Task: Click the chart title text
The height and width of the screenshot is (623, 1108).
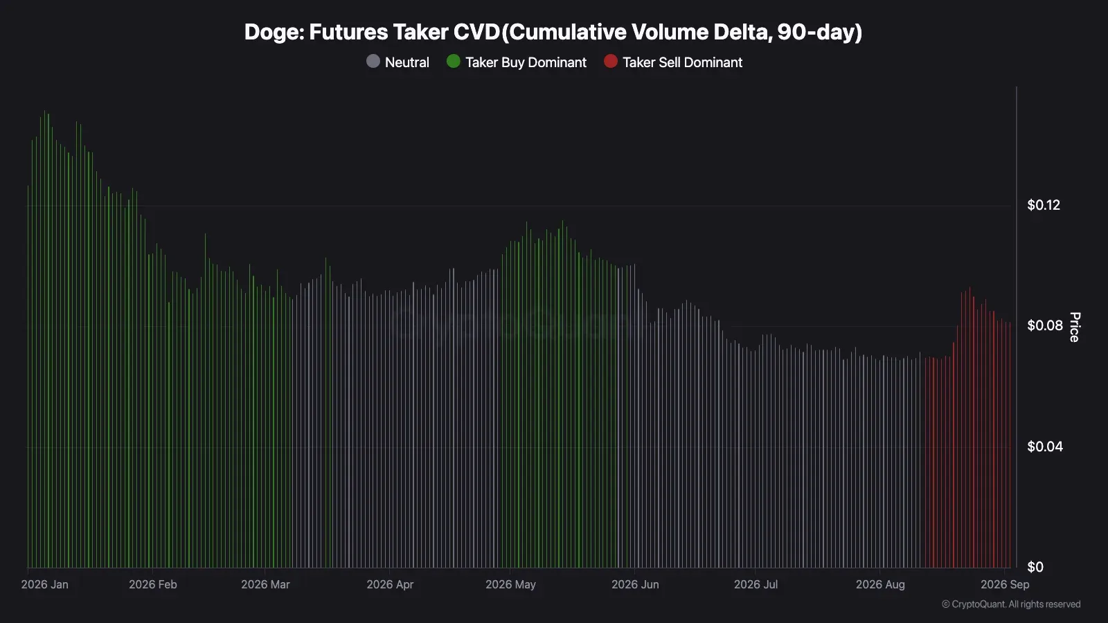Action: [x=553, y=32]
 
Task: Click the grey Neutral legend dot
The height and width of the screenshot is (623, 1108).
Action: [x=373, y=62]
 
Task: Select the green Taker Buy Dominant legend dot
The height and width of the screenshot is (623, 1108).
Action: [x=453, y=62]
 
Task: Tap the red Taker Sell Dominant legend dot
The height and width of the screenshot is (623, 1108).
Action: [x=610, y=62]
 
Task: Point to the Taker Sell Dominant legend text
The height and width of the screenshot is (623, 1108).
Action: [x=682, y=62]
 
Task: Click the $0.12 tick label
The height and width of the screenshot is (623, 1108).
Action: [x=1044, y=205]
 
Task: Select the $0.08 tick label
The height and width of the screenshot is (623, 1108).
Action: [x=1045, y=325]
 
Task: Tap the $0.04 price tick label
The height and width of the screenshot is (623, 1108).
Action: [x=1045, y=446]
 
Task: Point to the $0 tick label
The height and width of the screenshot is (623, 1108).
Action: [x=1035, y=567]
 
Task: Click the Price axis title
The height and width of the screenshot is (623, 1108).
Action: [x=1074, y=327]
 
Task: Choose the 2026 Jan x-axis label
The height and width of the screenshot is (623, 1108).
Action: [x=44, y=584]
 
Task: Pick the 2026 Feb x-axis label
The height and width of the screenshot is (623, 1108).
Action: [x=153, y=584]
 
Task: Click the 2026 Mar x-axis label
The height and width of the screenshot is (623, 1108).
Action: [x=265, y=584]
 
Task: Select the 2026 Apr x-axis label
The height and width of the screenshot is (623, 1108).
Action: [x=390, y=584]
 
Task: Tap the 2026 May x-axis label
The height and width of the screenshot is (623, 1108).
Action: [x=510, y=584]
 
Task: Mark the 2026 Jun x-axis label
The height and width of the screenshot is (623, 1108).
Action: [x=635, y=584]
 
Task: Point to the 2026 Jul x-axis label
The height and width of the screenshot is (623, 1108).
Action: [x=756, y=584]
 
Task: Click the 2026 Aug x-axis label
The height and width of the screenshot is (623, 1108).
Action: [x=880, y=584]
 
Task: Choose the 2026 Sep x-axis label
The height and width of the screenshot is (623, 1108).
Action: [x=1005, y=584]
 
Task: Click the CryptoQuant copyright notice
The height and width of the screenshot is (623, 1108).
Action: [x=1011, y=604]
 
